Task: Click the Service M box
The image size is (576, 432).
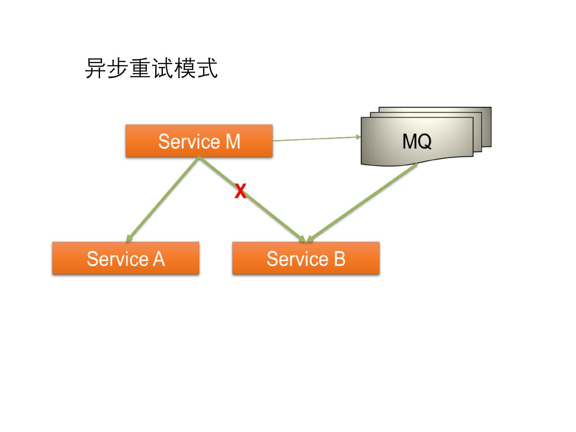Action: point(199,140)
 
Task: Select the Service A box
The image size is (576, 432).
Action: point(126,258)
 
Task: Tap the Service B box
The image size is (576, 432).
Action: point(306,258)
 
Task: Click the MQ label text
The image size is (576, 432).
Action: point(417,141)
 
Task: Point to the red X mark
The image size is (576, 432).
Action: point(240,191)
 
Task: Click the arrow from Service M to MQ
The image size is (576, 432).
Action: point(316,139)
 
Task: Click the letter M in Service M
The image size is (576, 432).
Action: point(232,141)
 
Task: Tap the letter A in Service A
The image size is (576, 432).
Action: point(158,259)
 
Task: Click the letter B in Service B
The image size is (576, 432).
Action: point(339,259)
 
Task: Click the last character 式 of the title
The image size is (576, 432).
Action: point(207,68)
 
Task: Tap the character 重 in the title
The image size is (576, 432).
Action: point(140,68)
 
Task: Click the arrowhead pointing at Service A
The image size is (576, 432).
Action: point(128,239)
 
